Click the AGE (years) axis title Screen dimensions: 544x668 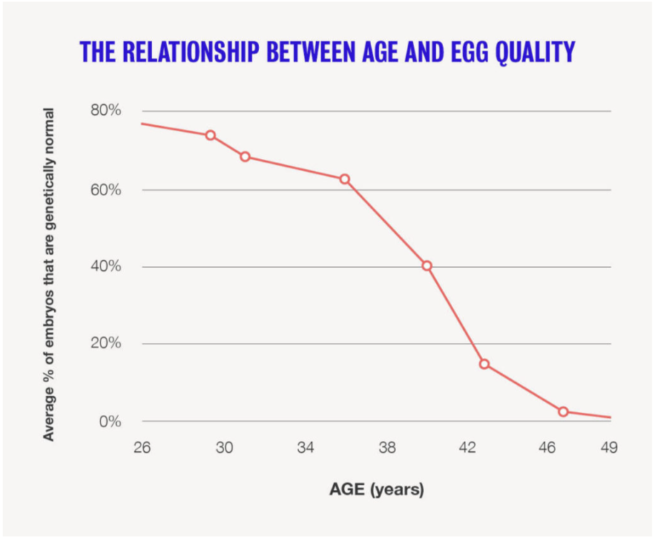point(376,490)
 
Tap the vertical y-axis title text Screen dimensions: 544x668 point(49,274)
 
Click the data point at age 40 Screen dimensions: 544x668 point(427,266)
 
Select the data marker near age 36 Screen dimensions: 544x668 point(345,179)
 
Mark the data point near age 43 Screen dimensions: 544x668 point(485,364)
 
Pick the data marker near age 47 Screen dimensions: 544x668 point(563,411)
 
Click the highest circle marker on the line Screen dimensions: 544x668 point(211,135)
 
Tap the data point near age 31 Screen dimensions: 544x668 point(245,156)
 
